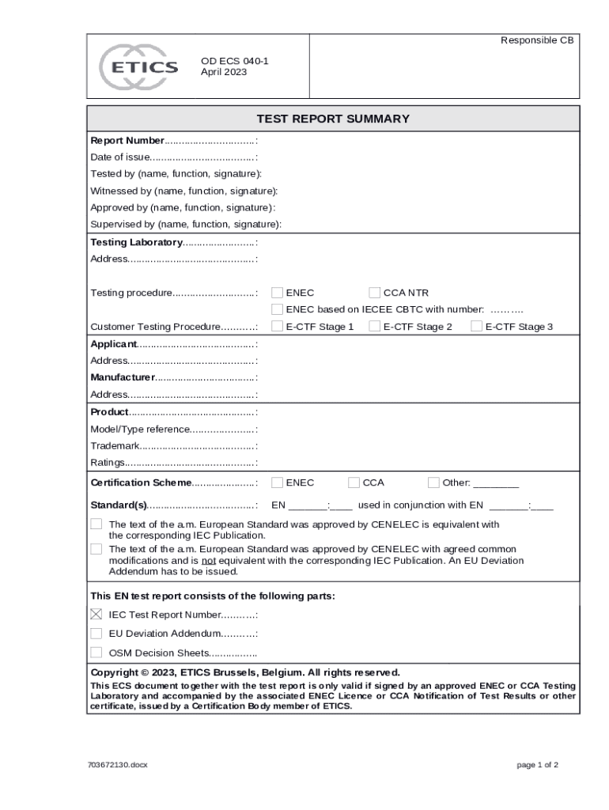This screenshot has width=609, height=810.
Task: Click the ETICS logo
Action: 139,66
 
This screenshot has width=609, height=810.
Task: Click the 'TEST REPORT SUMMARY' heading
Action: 333,119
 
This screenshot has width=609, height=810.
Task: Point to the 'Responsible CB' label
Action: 537,40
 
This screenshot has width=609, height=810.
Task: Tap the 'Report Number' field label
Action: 127,141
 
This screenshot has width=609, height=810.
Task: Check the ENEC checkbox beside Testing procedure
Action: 278,293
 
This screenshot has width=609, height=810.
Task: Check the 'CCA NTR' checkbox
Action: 376,293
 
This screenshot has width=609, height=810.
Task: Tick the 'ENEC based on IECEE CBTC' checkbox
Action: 278,309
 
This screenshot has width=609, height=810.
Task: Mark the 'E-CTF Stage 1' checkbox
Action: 278,326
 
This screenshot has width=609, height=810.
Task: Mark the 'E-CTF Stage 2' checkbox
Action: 376,326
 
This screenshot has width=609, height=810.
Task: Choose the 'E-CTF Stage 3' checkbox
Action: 477,326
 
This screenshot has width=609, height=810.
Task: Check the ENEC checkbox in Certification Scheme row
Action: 278,483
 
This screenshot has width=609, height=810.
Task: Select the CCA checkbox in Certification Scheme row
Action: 354,483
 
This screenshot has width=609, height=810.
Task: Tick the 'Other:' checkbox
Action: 433,483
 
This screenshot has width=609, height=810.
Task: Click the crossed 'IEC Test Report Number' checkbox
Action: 96,615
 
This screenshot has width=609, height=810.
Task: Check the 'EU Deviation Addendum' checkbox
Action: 96,634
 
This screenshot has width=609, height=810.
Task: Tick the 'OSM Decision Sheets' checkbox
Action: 96,653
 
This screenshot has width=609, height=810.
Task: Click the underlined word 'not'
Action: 209,561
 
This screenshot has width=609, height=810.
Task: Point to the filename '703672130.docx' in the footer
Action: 119,765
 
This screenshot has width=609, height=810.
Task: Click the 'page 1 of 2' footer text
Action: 538,765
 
